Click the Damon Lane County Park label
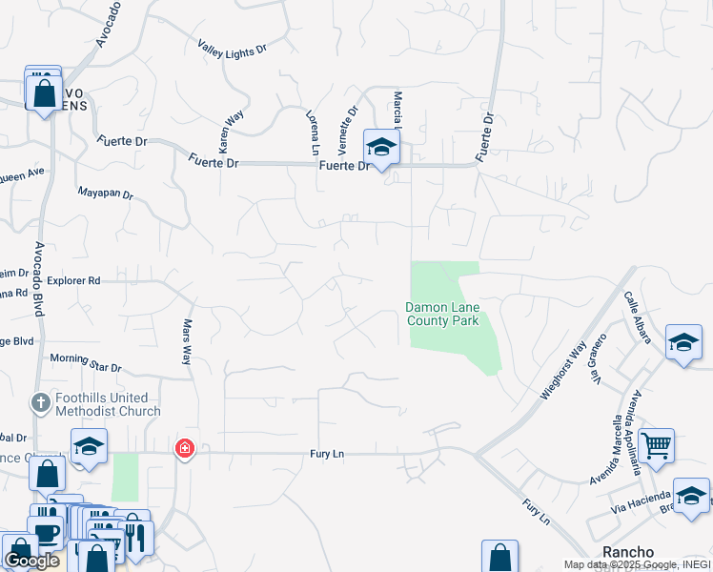(443, 314)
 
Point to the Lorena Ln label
(311, 132)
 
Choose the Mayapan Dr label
(105, 194)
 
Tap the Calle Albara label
(637, 317)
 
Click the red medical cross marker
(183, 447)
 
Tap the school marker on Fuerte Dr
(381, 147)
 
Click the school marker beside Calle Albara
(683, 342)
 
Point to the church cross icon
(40, 403)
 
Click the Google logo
(31, 561)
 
